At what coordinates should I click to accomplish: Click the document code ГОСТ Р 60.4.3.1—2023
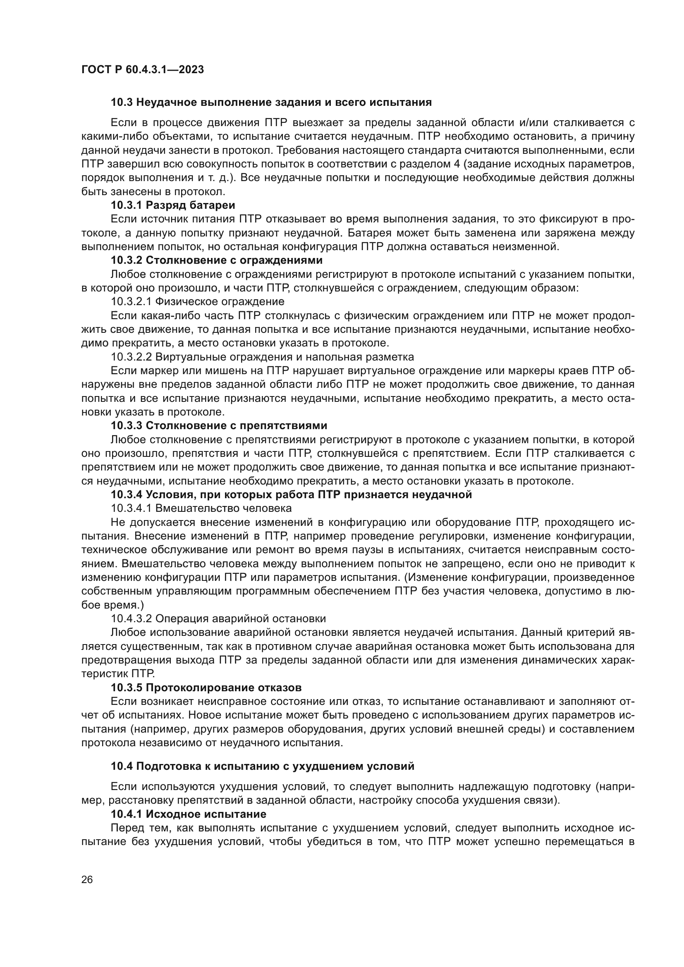(142, 69)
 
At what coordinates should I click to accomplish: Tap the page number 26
(87, 879)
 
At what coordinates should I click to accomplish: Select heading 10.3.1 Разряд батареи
(173, 205)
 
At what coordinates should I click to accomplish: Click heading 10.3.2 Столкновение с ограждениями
(216, 260)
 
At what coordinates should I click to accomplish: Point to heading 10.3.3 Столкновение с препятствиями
(219, 425)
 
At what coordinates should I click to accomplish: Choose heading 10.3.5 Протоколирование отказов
(206, 688)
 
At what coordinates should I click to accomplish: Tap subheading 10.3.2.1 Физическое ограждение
(197, 301)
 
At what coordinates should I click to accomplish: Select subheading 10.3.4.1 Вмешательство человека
(201, 508)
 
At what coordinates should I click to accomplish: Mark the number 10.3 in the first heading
(121, 103)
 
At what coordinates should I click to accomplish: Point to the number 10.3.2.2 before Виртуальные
(131, 357)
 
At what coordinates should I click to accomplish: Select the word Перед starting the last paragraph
(125, 839)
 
